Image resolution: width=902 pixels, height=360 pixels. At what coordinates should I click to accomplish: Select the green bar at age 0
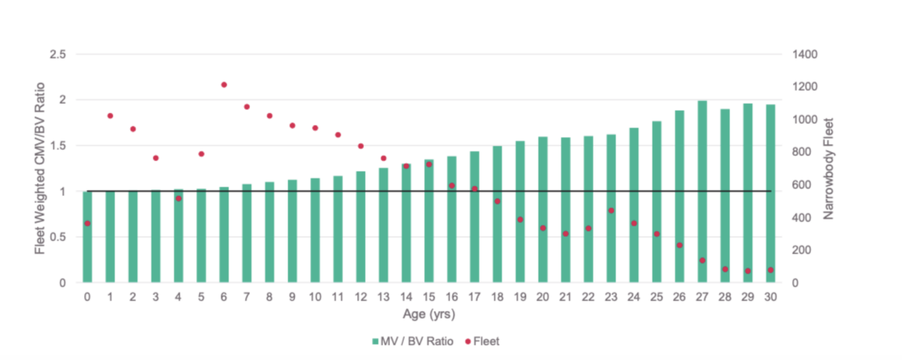[x=87, y=237]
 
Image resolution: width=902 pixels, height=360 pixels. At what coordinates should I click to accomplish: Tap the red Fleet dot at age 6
[x=224, y=85]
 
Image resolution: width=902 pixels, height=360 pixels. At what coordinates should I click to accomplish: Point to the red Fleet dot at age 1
[x=110, y=116]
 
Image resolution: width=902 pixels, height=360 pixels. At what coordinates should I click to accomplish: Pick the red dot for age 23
[x=611, y=210]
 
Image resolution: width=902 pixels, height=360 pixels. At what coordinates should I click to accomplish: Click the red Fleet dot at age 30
[x=770, y=270]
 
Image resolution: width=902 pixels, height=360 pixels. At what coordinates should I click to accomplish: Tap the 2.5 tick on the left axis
[x=58, y=54]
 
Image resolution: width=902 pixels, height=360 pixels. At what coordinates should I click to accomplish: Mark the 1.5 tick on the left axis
[x=58, y=146]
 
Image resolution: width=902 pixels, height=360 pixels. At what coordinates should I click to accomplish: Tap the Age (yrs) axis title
[x=429, y=314]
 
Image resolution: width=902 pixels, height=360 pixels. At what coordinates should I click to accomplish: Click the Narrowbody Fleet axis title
[x=828, y=169]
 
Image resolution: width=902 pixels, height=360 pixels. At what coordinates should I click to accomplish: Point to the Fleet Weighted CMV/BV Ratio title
[x=39, y=169]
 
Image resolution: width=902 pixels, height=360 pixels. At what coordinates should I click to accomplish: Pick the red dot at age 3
[x=156, y=158]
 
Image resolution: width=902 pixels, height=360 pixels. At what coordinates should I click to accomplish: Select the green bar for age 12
[x=361, y=227]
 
